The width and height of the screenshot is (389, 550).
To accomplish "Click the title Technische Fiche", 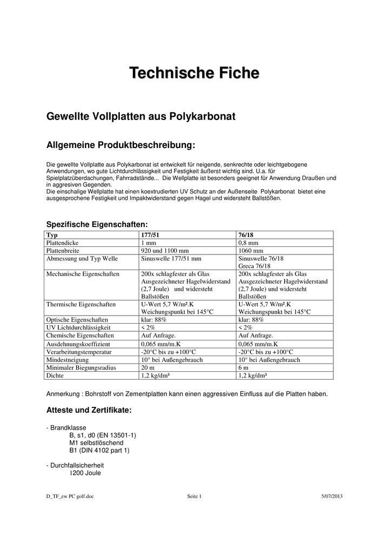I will pos(194,73).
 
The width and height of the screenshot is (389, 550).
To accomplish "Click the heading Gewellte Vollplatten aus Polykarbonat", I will pos(142,117).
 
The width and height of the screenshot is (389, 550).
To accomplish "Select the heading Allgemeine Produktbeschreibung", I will pos(120,145).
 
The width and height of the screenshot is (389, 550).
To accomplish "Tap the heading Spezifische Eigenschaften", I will pos(97,224).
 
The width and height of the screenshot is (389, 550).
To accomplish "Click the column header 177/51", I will pos(150,236).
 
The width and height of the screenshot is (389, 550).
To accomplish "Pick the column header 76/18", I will pos(246,236).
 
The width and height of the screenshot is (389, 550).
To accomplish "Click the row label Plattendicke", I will pos(63,243).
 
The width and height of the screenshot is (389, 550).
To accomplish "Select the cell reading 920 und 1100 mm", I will pos(164,251).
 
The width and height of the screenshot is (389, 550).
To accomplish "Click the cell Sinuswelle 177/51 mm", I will pos(171,259).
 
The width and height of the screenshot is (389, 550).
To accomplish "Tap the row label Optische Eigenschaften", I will pos(77,319).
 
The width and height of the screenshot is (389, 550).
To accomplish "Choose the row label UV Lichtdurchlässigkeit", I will pos(78,327).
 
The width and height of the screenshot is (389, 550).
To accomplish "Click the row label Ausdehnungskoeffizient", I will pos(78,344).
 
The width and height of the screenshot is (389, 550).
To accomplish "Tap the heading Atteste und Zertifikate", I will pos(89,410).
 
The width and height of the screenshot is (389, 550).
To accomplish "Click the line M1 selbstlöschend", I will pos(97,442).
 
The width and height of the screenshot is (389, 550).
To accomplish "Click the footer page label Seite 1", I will pos(194,497).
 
